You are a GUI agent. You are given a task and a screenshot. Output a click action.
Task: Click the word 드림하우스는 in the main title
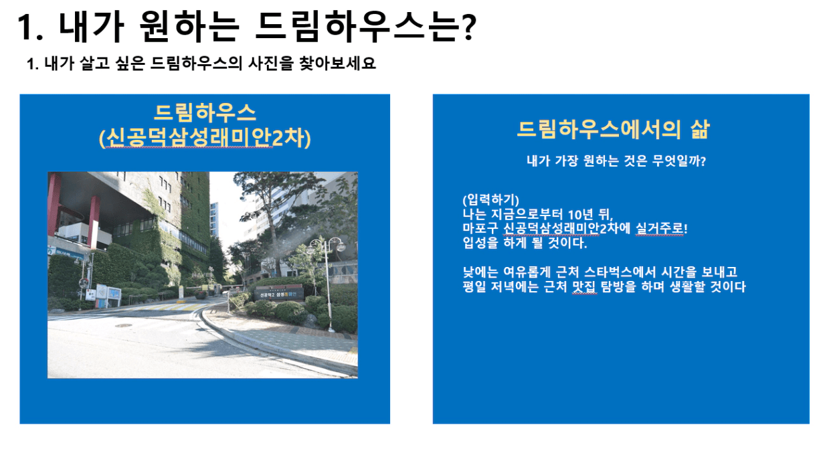pyautogui.click(x=358, y=27)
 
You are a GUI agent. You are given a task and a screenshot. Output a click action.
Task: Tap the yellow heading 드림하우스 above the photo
pyautogui.click(x=205, y=112)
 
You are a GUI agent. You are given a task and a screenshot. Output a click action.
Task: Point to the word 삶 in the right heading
pyautogui.click(x=700, y=129)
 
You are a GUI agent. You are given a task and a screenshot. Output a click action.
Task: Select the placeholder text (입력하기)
pyautogui.click(x=490, y=200)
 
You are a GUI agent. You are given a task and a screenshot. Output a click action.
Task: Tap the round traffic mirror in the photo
pyautogui.click(x=83, y=283)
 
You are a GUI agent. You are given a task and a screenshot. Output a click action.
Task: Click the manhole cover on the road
pyautogui.click(x=123, y=325)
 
